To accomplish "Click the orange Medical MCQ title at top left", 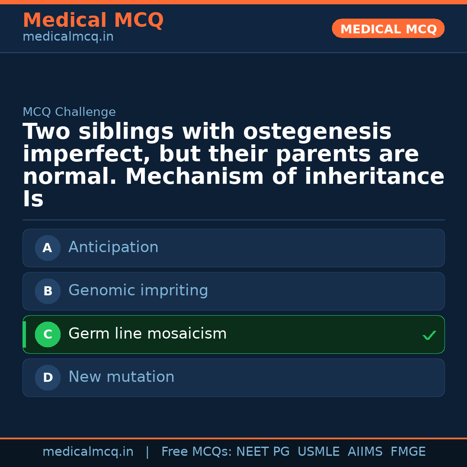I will click(x=93, y=20).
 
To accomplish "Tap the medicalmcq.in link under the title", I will click(x=68, y=37).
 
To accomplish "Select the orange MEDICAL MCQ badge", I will click(x=388, y=29).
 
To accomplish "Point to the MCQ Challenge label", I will click(x=69, y=112).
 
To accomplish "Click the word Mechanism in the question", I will click(x=195, y=177).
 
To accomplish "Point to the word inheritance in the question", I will click(x=374, y=177).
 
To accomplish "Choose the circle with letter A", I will click(x=48, y=248).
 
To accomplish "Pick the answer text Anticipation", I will click(x=113, y=248).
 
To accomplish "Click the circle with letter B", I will click(x=48, y=291).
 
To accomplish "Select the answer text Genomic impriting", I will click(x=138, y=291).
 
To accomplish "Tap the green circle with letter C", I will click(x=48, y=335).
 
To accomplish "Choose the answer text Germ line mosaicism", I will click(x=147, y=334).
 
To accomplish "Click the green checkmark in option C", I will click(x=429, y=335).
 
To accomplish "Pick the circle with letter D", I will click(x=48, y=378).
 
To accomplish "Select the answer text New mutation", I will click(x=121, y=377).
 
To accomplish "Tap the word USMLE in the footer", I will click(x=318, y=452).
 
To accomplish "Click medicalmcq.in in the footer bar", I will click(x=88, y=452).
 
